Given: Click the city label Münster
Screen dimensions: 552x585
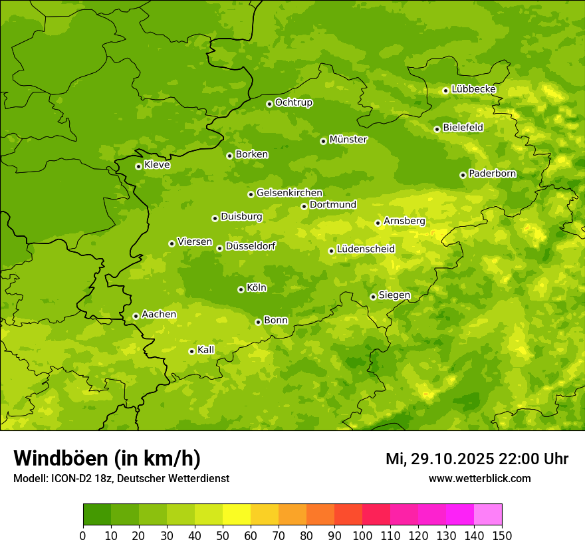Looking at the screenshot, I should click(348, 140).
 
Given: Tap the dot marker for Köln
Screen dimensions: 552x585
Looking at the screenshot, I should click(241, 289).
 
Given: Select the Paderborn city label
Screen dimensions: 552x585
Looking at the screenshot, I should click(492, 174).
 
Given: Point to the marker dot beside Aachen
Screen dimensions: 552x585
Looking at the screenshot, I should click(136, 316).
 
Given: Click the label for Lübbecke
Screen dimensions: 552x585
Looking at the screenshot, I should click(473, 89).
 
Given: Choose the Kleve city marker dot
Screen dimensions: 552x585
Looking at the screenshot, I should click(138, 166).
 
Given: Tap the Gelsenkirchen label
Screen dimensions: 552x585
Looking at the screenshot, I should click(289, 193).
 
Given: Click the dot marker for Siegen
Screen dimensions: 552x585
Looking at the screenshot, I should click(373, 297).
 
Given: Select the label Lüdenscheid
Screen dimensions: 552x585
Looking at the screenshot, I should click(366, 249).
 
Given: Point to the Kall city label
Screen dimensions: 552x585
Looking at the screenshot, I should click(206, 350).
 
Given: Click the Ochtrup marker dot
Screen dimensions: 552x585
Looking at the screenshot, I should click(269, 104).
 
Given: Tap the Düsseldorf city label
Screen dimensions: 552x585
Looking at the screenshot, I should click(250, 246).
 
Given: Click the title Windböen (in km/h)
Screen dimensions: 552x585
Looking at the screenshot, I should click(107, 458).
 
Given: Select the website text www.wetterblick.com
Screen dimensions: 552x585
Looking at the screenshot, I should click(479, 478).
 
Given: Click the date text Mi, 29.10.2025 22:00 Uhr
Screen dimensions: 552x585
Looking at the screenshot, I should click(477, 459).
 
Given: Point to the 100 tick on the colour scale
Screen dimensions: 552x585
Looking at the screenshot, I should click(362, 535).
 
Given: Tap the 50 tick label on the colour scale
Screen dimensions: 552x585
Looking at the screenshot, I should click(223, 535).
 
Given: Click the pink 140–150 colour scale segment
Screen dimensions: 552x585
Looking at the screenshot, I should click(488, 515).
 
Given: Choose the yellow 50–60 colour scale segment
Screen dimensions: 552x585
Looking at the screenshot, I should click(237, 515).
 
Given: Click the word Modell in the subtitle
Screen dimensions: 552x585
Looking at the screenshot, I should click(29, 479).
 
